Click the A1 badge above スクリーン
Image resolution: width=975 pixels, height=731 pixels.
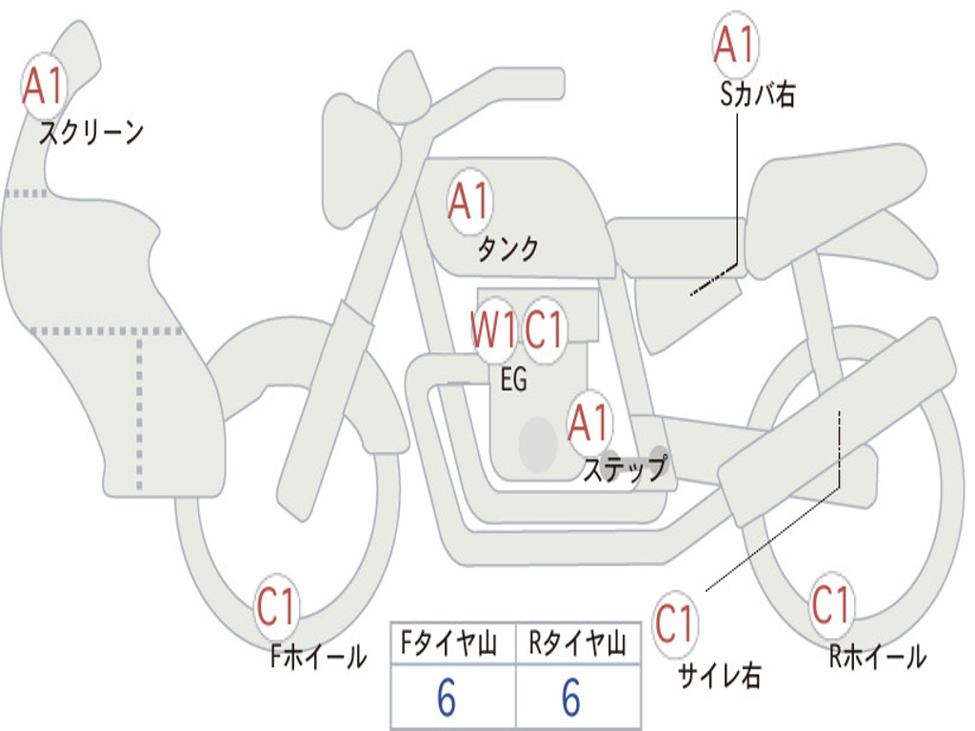tap(43, 86)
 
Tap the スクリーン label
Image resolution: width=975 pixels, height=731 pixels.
tap(90, 132)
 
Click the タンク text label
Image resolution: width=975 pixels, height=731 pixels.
tap(507, 249)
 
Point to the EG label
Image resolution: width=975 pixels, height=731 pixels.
tap(513, 380)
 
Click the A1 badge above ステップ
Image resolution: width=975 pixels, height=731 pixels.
tap(588, 423)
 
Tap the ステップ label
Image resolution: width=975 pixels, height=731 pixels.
tap(624, 468)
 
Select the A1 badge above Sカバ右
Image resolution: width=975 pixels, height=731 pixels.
tap(734, 44)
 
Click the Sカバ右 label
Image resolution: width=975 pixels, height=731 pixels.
tap(757, 94)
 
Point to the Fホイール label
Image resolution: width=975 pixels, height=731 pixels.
tap(318, 656)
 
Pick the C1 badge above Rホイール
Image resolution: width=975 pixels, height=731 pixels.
tap(830, 603)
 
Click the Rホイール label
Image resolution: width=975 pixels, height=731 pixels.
tap(876, 656)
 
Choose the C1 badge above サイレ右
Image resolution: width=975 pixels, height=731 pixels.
tap(675, 624)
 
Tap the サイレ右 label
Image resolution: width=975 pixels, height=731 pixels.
tap(719, 675)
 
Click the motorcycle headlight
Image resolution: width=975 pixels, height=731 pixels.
tap(359, 157)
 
